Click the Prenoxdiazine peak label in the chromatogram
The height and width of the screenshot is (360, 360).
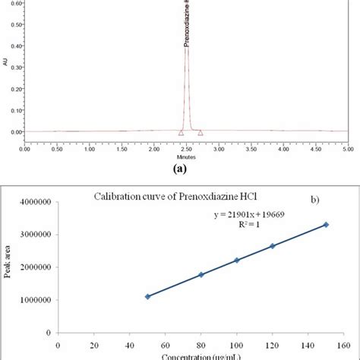click(x=187, y=23)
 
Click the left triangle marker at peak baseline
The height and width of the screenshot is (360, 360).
click(x=181, y=132)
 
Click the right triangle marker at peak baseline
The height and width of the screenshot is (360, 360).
click(x=201, y=132)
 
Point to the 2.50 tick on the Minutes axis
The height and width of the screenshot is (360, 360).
click(x=186, y=150)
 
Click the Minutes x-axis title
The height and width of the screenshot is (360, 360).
click(x=186, y=159)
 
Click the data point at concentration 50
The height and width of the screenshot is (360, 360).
click(x=148, y=296)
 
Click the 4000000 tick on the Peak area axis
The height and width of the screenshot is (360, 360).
click(x=39, y=202)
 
